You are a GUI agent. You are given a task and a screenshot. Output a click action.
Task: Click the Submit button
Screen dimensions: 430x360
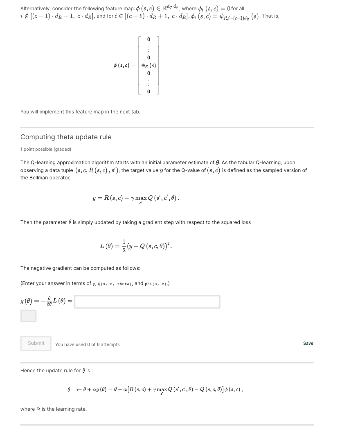click(x=36, y=343)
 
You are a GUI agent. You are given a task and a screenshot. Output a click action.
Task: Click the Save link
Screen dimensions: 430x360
click(x=308, y=343)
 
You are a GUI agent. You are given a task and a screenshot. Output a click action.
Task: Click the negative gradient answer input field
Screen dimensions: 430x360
click(x=147, y=302)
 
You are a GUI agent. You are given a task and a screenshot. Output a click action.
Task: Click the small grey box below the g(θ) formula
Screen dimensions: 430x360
click(x=28, y=316)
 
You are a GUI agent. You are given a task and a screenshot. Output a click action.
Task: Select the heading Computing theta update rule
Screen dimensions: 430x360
click(x=66, y=137)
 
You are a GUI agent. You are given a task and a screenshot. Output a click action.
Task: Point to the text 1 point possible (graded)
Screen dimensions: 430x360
click(x=46, y=149)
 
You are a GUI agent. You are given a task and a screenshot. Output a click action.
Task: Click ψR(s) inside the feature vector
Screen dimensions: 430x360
click(x=148, y=66)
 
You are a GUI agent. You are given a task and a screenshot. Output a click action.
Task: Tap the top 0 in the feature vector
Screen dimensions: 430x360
click(x=148, y=39)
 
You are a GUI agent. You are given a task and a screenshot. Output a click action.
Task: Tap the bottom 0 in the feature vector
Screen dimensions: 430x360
click(x=148, y=91)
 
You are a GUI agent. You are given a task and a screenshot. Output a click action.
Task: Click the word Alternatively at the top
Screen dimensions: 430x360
click(x=34, y=9)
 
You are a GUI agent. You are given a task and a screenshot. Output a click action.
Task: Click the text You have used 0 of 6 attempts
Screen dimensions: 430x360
click(x=88, y=344)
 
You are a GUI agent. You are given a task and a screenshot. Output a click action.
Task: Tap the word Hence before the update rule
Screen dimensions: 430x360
click(x=28, y=371)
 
